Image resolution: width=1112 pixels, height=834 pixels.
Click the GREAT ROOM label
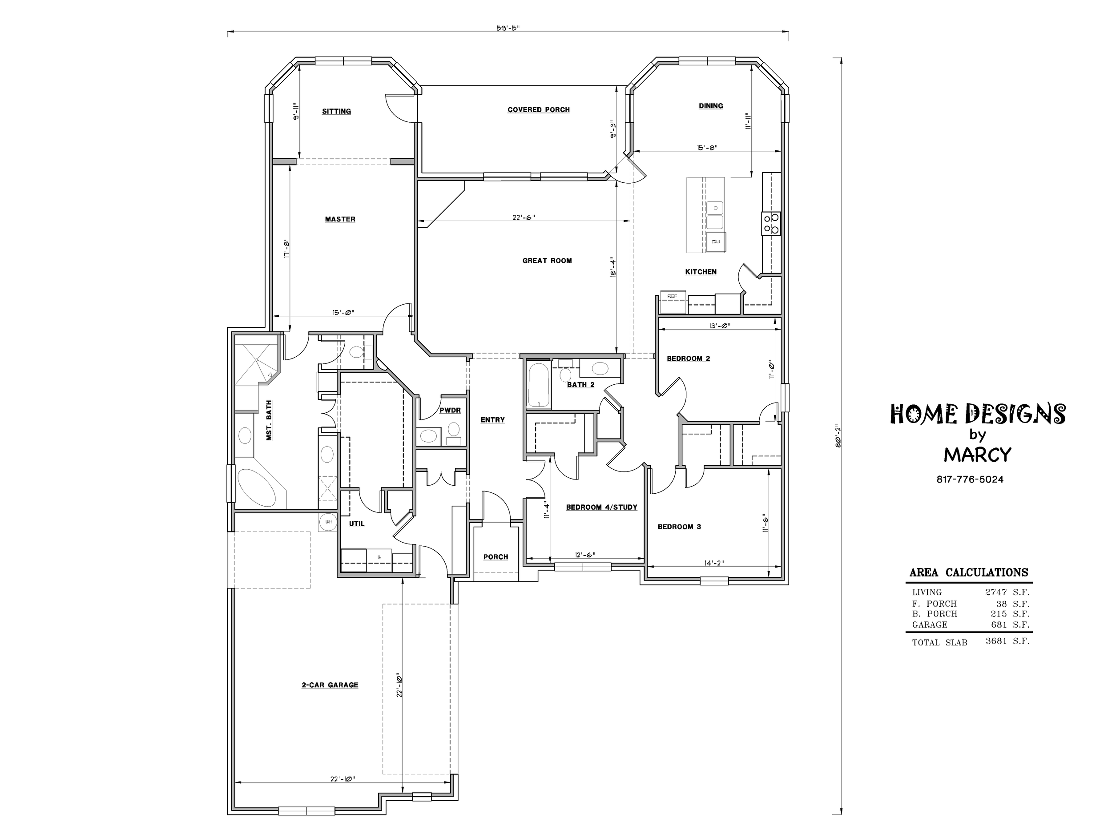pyautogui.click(x=547, y=260)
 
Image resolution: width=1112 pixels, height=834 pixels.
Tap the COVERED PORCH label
pyautogui.click(x=538, y=109)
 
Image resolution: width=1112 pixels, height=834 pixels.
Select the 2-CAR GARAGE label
pyautogui.click(x=330, y=685)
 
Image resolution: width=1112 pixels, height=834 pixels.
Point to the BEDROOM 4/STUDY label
pyautogui.click(x=602, y=507)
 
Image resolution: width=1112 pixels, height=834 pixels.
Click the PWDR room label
pyautogui.click(x=450, y=410)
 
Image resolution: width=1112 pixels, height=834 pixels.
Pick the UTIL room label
pyautogui.click(x=357, y=524)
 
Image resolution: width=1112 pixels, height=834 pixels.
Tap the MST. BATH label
pyautogui.click(x=269, y=420)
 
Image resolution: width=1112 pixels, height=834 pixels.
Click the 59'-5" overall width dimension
pyautogui.click(x=508, y=28)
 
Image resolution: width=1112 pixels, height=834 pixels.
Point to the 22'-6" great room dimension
pyautogui.click(x=524, y=217)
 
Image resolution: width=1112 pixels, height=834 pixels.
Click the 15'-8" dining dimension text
pyautogui.click(x=707, y=147)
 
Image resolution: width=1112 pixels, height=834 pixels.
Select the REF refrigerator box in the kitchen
pyautogui.click(x=673, y=302)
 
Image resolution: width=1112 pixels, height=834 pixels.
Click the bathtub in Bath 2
pyautogui.click(x=538, y=385)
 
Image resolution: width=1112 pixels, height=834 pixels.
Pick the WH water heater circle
pyautogui.click(x=328, y=522)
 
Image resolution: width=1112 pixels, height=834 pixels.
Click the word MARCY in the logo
pyautogui.click(x=977, y=455)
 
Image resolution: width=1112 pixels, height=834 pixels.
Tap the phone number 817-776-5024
pyautogui.click(x=970, y=479)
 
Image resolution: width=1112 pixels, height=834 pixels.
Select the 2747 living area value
pyautogui.click(x=996, y=592)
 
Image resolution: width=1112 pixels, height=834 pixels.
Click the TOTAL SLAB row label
pyautogui.click(x=939, y=642)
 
